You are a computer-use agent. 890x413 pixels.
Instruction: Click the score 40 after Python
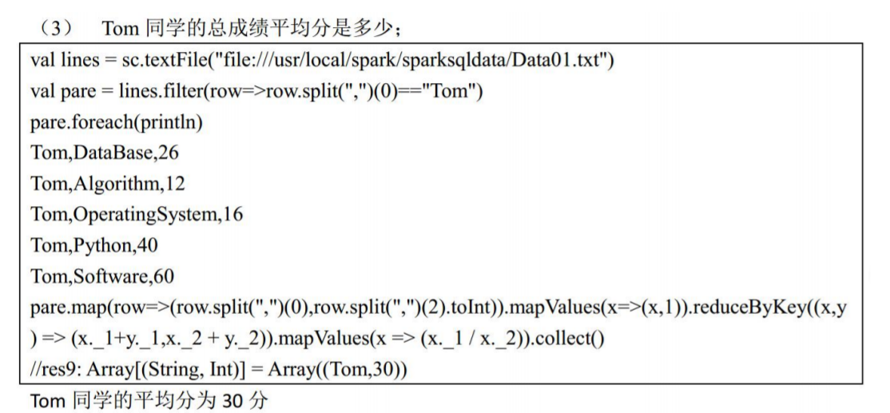tap(146, 245)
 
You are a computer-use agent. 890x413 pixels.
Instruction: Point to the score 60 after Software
tap(164, 276)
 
